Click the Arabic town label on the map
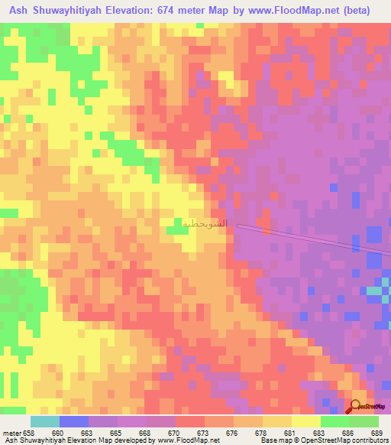pyautogui.click(x=205, y=223)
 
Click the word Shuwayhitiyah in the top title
pyautogui.click(x=68, y=9)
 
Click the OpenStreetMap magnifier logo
pyautogui.click(x=357, y=408)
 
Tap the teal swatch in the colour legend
pyautogui.click(x=45, y=421)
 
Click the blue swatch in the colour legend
pyautogui.click(x=74, y=421)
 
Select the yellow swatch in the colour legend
pyautogui.click(x=306, y=421)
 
